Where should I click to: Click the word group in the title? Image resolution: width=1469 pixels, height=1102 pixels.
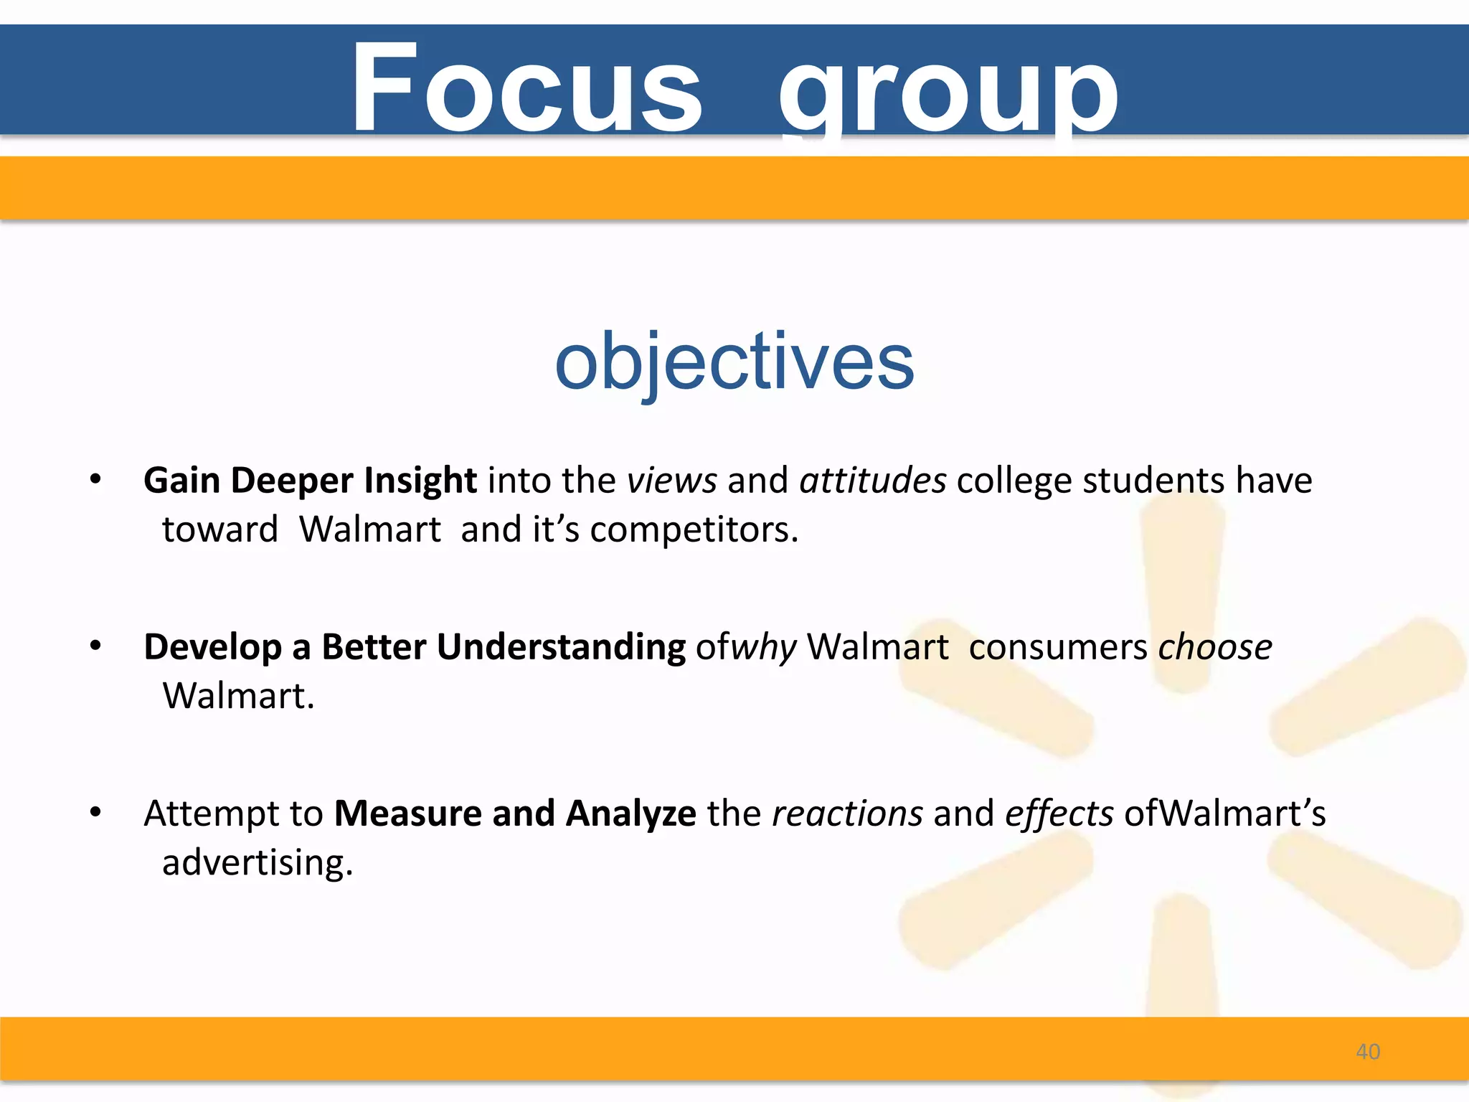pos(948,93)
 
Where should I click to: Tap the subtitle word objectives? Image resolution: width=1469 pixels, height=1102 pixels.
pos(734,362)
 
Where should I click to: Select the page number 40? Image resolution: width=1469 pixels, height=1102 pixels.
pos(1367,1052)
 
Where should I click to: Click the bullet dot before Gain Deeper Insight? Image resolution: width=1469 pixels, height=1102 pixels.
pos(95,480)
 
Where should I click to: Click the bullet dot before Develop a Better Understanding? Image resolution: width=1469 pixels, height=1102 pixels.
pos(95,646)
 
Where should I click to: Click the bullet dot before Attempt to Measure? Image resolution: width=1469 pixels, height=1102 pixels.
pos(95,813)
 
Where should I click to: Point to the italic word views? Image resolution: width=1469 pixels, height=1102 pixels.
pos(671,481)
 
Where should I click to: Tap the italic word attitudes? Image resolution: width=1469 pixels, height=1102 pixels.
pos(872,481)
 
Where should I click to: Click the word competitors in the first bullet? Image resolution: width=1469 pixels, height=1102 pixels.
pos(694,530)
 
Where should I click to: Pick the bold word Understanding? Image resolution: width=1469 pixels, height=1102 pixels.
pos(561,647)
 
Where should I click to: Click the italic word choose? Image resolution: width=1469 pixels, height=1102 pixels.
pos(1214,647)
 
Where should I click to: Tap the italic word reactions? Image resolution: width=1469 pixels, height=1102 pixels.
pos(847,814)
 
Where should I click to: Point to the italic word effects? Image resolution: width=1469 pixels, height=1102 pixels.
pos(1059,814)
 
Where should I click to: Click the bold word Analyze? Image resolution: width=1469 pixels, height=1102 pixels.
pos(630,814)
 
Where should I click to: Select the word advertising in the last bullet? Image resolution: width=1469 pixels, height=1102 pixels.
pos(257,862)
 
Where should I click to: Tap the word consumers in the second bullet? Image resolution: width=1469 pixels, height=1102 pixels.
pos(1058,647)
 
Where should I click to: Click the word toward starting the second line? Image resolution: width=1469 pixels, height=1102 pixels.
pos(219,530)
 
